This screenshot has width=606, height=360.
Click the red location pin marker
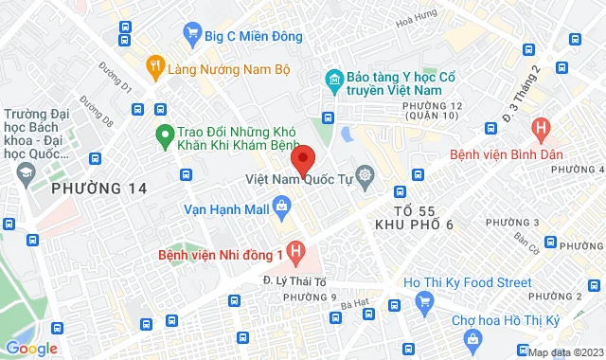(x=302, y=158)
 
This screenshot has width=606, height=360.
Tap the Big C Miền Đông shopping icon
(x=194, y=36)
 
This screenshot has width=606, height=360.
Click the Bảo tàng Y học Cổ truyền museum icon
(x=333, y=78)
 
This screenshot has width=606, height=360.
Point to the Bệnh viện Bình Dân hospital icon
(x=541, y=128)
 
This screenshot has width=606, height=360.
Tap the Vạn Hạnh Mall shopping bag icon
(x=281, y=205)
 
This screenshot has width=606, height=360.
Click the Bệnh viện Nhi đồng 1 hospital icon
(x=296, y=253)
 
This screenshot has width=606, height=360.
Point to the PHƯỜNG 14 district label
(x=99, y=189)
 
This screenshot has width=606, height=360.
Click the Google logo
(x=31, y=349)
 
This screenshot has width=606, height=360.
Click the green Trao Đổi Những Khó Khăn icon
(x=163, y=136)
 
